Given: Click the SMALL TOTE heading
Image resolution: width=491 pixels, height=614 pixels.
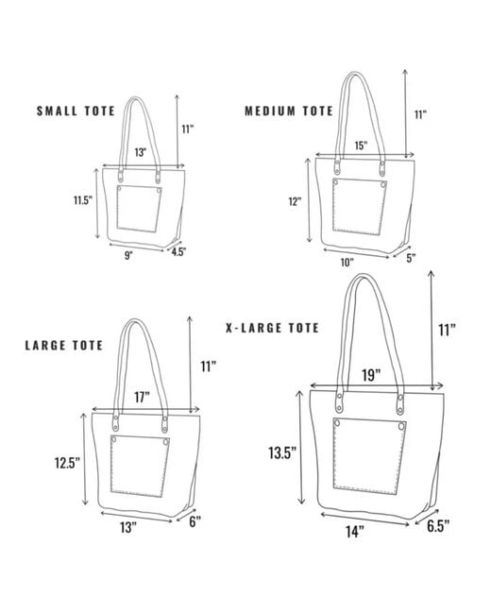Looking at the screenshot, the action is coord(76,111).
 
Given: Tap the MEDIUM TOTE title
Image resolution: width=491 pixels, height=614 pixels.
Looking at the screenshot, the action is coord(289,111).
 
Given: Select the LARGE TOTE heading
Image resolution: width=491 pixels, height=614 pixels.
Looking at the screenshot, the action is coord(64,346).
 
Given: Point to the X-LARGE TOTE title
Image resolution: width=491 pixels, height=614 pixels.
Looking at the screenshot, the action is coord(273,328).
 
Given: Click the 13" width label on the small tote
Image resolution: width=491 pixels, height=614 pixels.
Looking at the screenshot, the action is coord(141,152).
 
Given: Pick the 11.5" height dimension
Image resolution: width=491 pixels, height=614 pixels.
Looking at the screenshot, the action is coord(83,200).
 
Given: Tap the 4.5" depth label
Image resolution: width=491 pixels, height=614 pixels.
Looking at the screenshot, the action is coord(178,252).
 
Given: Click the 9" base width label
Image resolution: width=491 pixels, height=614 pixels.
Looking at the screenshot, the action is coord(128,256).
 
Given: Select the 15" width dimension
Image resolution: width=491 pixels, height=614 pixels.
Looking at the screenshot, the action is coord(361,145).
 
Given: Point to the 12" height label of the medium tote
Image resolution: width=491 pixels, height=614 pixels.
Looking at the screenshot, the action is coord(295,201).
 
